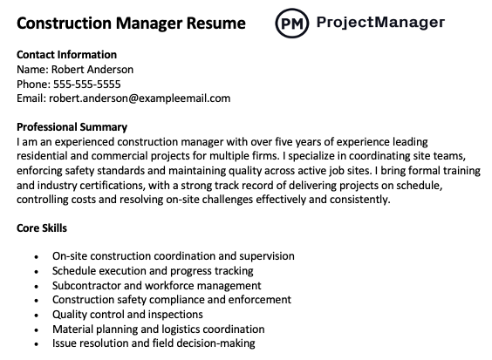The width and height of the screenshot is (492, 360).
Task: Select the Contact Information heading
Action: pos(66,55)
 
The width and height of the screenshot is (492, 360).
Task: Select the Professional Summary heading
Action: pos(72,127)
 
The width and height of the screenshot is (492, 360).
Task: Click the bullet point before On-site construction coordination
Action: pos(34,257)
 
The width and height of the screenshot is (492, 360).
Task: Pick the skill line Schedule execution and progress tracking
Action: pos(153,271)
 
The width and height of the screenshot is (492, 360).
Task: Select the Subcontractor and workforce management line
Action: pos(156,285)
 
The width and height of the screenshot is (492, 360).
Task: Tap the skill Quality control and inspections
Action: pos(127,314)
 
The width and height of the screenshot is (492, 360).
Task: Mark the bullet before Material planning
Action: pos(34,329)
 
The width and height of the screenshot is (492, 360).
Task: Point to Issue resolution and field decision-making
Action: pos(154,343)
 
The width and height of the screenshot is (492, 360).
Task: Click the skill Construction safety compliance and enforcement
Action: pos(172,300)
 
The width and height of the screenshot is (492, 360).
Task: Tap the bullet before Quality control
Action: pos(34,315)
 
